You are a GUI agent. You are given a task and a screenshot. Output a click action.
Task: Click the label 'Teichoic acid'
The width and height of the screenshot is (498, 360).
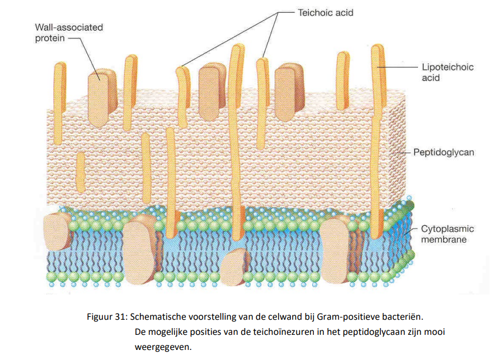[325, 12]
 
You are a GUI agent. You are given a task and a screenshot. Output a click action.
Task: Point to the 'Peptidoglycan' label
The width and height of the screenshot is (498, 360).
[444, 151]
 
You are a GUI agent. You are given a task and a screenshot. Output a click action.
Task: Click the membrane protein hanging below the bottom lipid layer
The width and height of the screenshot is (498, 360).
[236, 267]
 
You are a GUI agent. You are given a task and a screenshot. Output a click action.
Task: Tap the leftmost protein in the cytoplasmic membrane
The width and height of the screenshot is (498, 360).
[58, 231]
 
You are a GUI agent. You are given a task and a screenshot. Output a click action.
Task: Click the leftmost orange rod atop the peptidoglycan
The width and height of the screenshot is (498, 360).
[59, 89]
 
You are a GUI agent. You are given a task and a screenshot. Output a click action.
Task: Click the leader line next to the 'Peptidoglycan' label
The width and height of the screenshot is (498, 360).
[403, 151]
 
